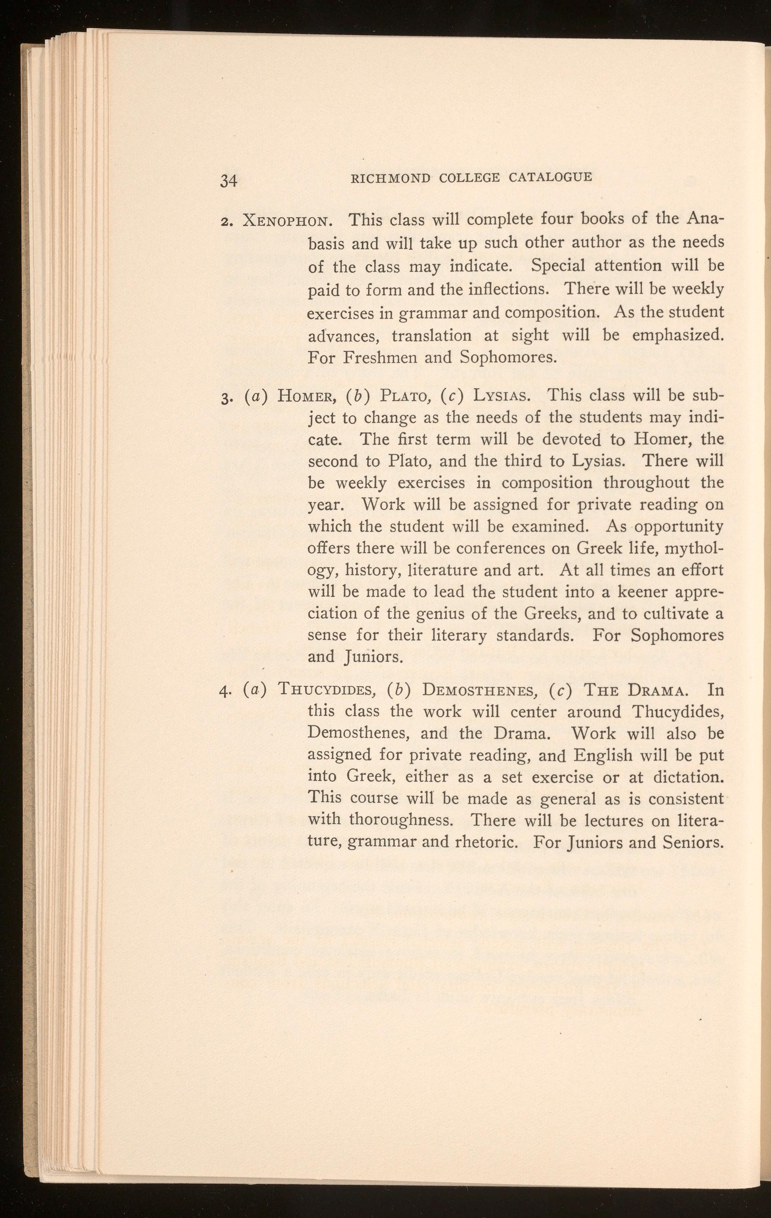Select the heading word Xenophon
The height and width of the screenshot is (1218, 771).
coord(287,221)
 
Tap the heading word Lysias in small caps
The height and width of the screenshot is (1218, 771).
coord(501,395)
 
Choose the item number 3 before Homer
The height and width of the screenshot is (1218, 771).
coord(226,396)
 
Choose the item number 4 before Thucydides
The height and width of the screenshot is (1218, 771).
coord(225,691)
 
